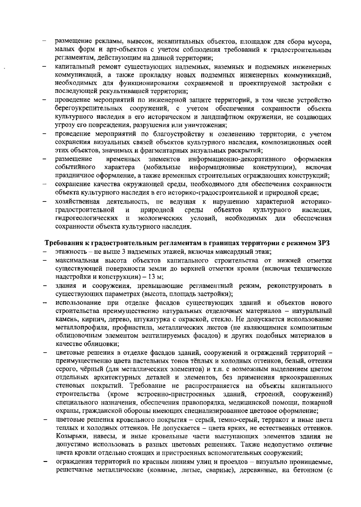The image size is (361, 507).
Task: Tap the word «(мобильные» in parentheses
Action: point(162,167)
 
